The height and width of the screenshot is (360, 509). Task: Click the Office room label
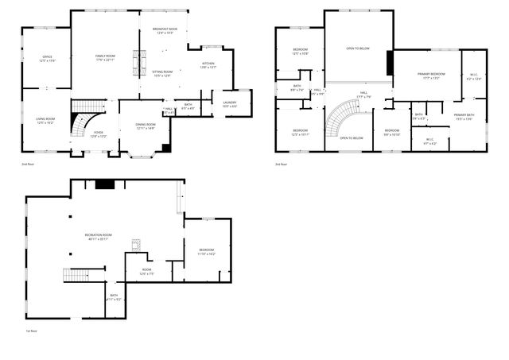48,59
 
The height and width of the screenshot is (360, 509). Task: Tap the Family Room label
105,57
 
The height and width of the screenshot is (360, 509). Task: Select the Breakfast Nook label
165,31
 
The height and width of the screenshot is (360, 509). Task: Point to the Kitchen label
208,65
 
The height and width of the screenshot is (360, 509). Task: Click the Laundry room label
230,103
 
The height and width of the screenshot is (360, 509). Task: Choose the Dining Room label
145,126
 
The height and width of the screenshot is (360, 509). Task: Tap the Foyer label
99,134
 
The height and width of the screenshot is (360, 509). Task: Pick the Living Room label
45,121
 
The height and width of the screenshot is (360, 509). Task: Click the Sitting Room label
162,74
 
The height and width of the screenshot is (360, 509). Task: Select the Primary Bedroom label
431,75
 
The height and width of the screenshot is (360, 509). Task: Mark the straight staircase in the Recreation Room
78,276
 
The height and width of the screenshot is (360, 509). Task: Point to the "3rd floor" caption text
280,165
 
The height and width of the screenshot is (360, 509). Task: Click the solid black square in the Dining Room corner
166,148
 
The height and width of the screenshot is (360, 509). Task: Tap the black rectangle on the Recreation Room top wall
104,184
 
